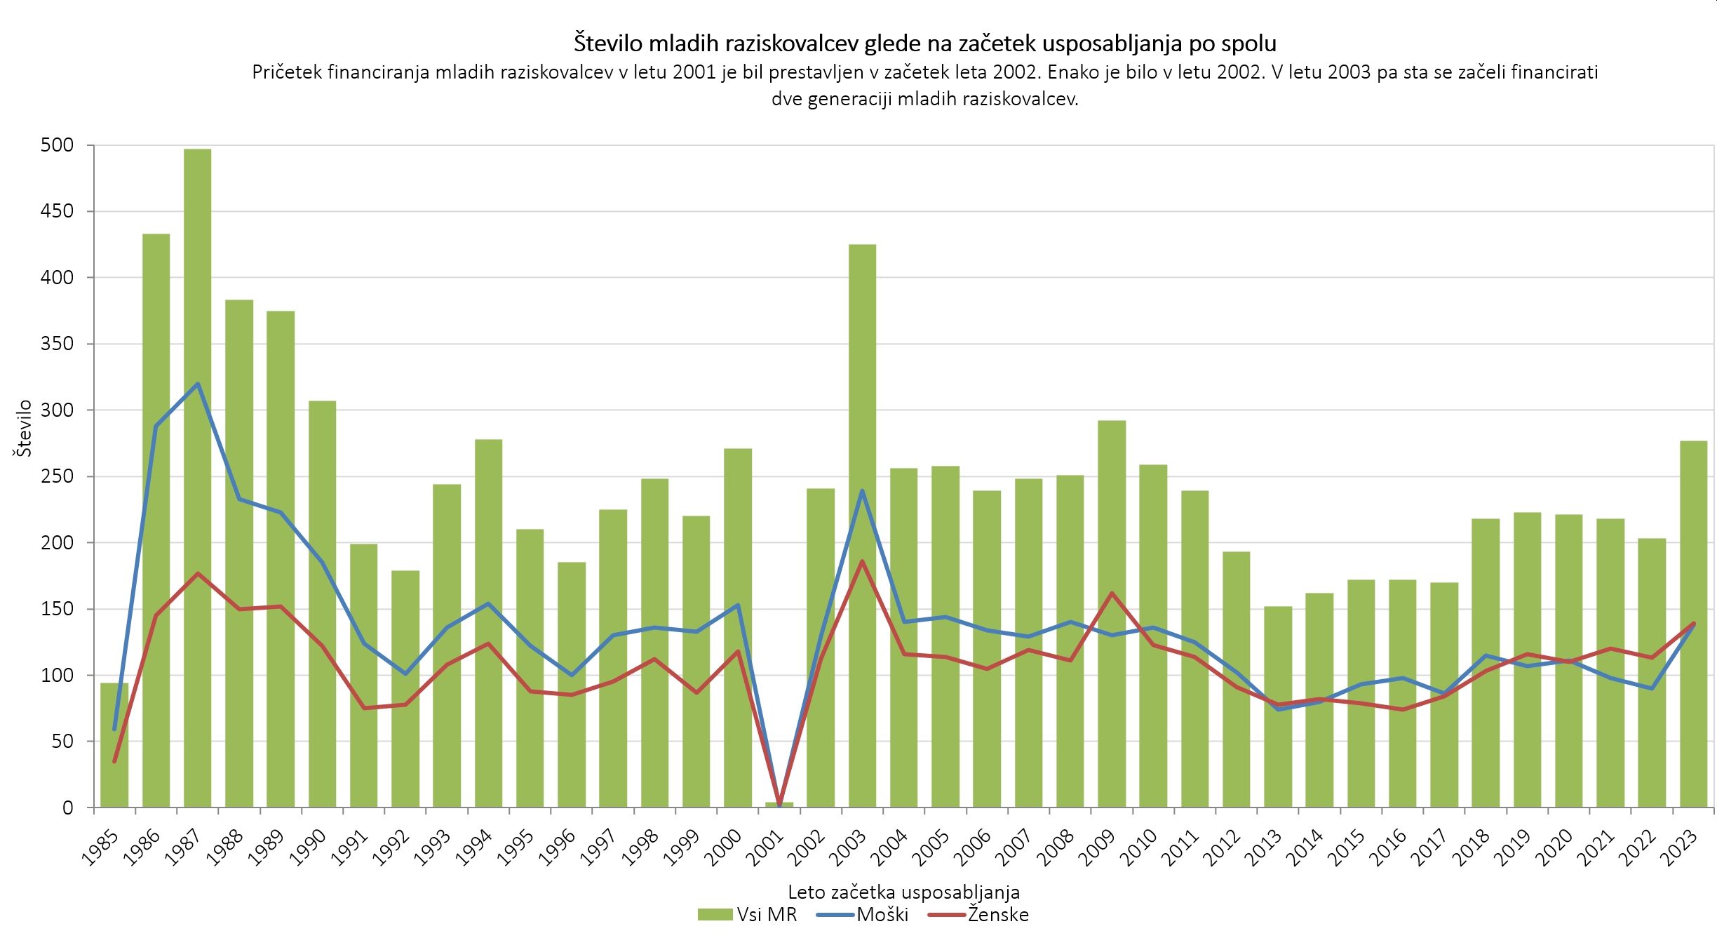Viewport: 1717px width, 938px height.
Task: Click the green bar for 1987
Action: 197,478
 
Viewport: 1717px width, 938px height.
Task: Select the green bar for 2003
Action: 862,525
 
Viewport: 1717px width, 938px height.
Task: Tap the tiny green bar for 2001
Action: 779,805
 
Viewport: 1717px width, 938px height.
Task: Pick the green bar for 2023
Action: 1693,624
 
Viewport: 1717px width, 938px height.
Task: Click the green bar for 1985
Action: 114,745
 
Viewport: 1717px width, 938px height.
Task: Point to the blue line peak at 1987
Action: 198,384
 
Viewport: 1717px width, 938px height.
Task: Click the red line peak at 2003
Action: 862,561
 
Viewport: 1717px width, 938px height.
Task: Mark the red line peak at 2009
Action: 1112,593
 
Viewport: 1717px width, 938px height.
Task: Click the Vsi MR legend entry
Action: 748,915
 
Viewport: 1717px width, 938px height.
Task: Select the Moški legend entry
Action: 863,915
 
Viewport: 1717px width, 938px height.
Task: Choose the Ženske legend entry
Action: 978,915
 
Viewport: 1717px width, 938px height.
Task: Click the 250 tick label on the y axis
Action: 58,476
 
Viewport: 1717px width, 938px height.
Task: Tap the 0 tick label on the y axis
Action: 68,808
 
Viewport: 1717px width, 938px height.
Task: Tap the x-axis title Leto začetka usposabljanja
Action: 904,892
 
